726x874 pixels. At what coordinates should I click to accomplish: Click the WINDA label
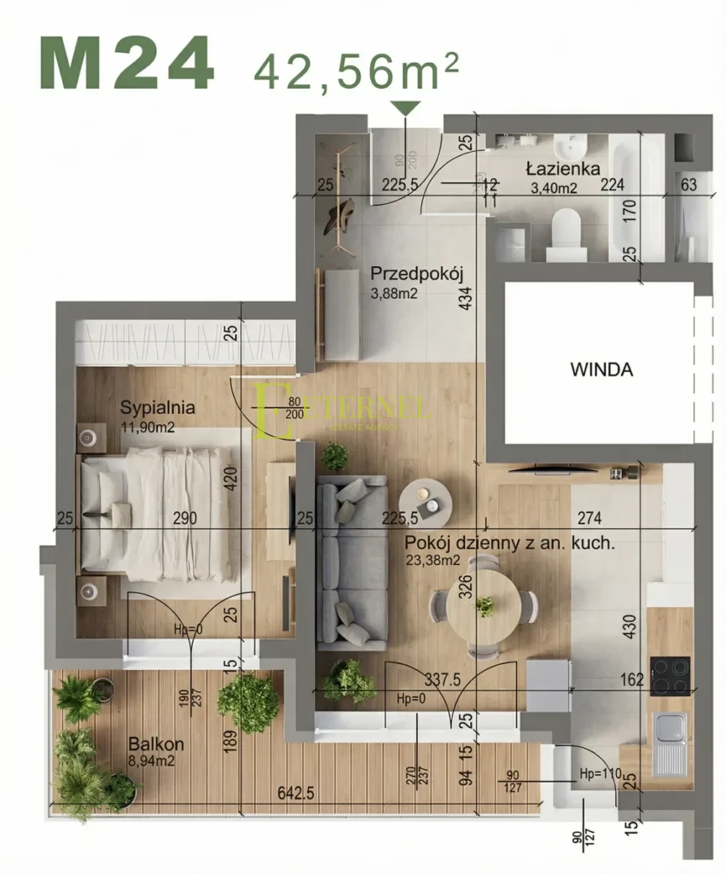point(601,370)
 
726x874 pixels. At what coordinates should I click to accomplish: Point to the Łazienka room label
point(562,169)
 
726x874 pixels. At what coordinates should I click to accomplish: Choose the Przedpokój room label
point(416,275)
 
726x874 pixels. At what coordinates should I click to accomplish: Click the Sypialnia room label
point(158,408)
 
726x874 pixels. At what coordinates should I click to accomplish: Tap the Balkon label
point(155,744)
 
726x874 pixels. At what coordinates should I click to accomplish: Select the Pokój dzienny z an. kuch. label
point(509,543)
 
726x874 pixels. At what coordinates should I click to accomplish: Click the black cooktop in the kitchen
point(671,676)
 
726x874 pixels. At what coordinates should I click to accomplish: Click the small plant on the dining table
point(485,606)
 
